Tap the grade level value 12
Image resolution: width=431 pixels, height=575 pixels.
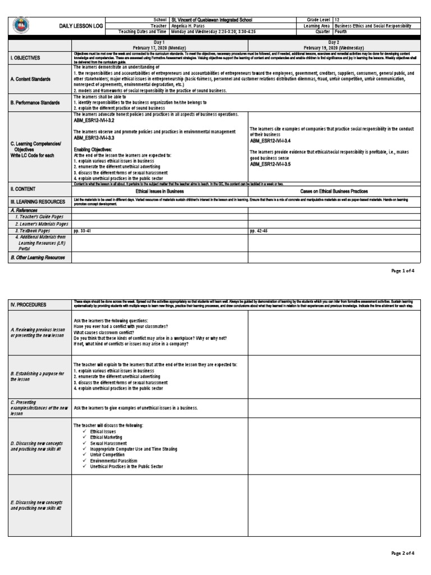point(337,19)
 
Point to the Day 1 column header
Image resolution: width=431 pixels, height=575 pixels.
point(159,45)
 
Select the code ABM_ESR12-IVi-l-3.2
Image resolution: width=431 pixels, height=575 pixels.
point(94,120)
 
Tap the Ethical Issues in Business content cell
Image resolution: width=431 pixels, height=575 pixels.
point(160,191)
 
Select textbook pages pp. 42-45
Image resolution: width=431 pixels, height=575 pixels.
point(259,231)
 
